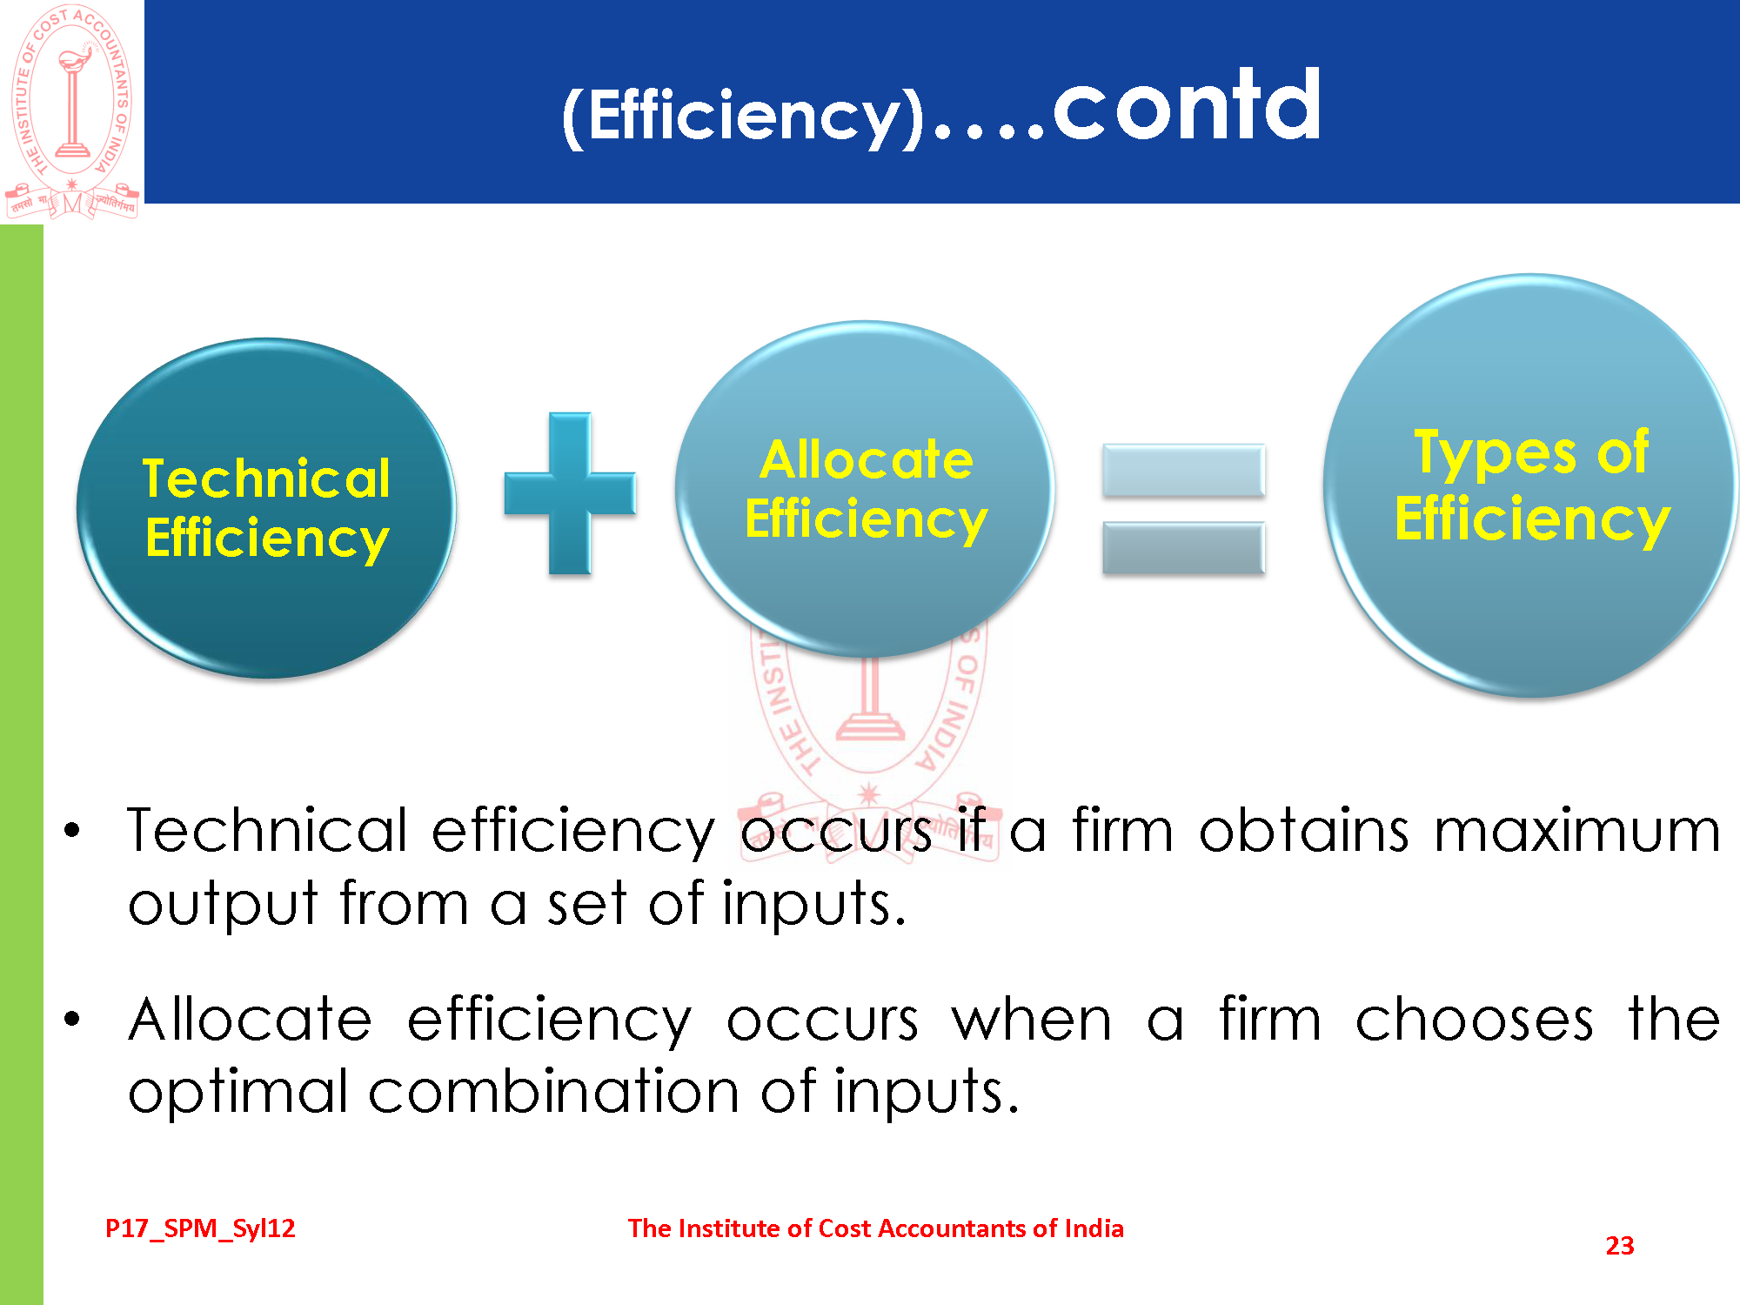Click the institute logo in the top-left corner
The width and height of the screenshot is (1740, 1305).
tap(72, 111)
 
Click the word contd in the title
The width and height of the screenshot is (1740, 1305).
tap(1188, 105)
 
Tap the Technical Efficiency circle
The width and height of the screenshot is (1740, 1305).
tap(266, 508)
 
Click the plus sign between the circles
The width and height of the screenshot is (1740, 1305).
tap(570, 493)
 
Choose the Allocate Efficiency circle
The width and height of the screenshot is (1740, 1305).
tap(865, 489)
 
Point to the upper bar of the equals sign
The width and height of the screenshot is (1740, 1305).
tap(1183, 470)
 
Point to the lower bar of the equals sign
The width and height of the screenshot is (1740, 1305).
tap(1183, 548)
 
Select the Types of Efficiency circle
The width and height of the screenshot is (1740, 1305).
tap(1529, 485)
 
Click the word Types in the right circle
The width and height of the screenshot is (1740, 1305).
tap(1495, 453)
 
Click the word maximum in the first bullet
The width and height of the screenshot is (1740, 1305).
tap(1576, 831)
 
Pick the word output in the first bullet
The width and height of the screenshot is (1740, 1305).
tap(223, 905)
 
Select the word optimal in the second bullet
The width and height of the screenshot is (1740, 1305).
tap(238, 1092)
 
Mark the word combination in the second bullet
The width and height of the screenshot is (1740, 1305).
tap(554, 1091)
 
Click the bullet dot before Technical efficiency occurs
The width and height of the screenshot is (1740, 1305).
tap(72, 830)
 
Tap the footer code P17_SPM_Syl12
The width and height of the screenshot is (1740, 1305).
tap(200, 1228)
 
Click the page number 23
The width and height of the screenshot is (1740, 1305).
tap(1620, 1246)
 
